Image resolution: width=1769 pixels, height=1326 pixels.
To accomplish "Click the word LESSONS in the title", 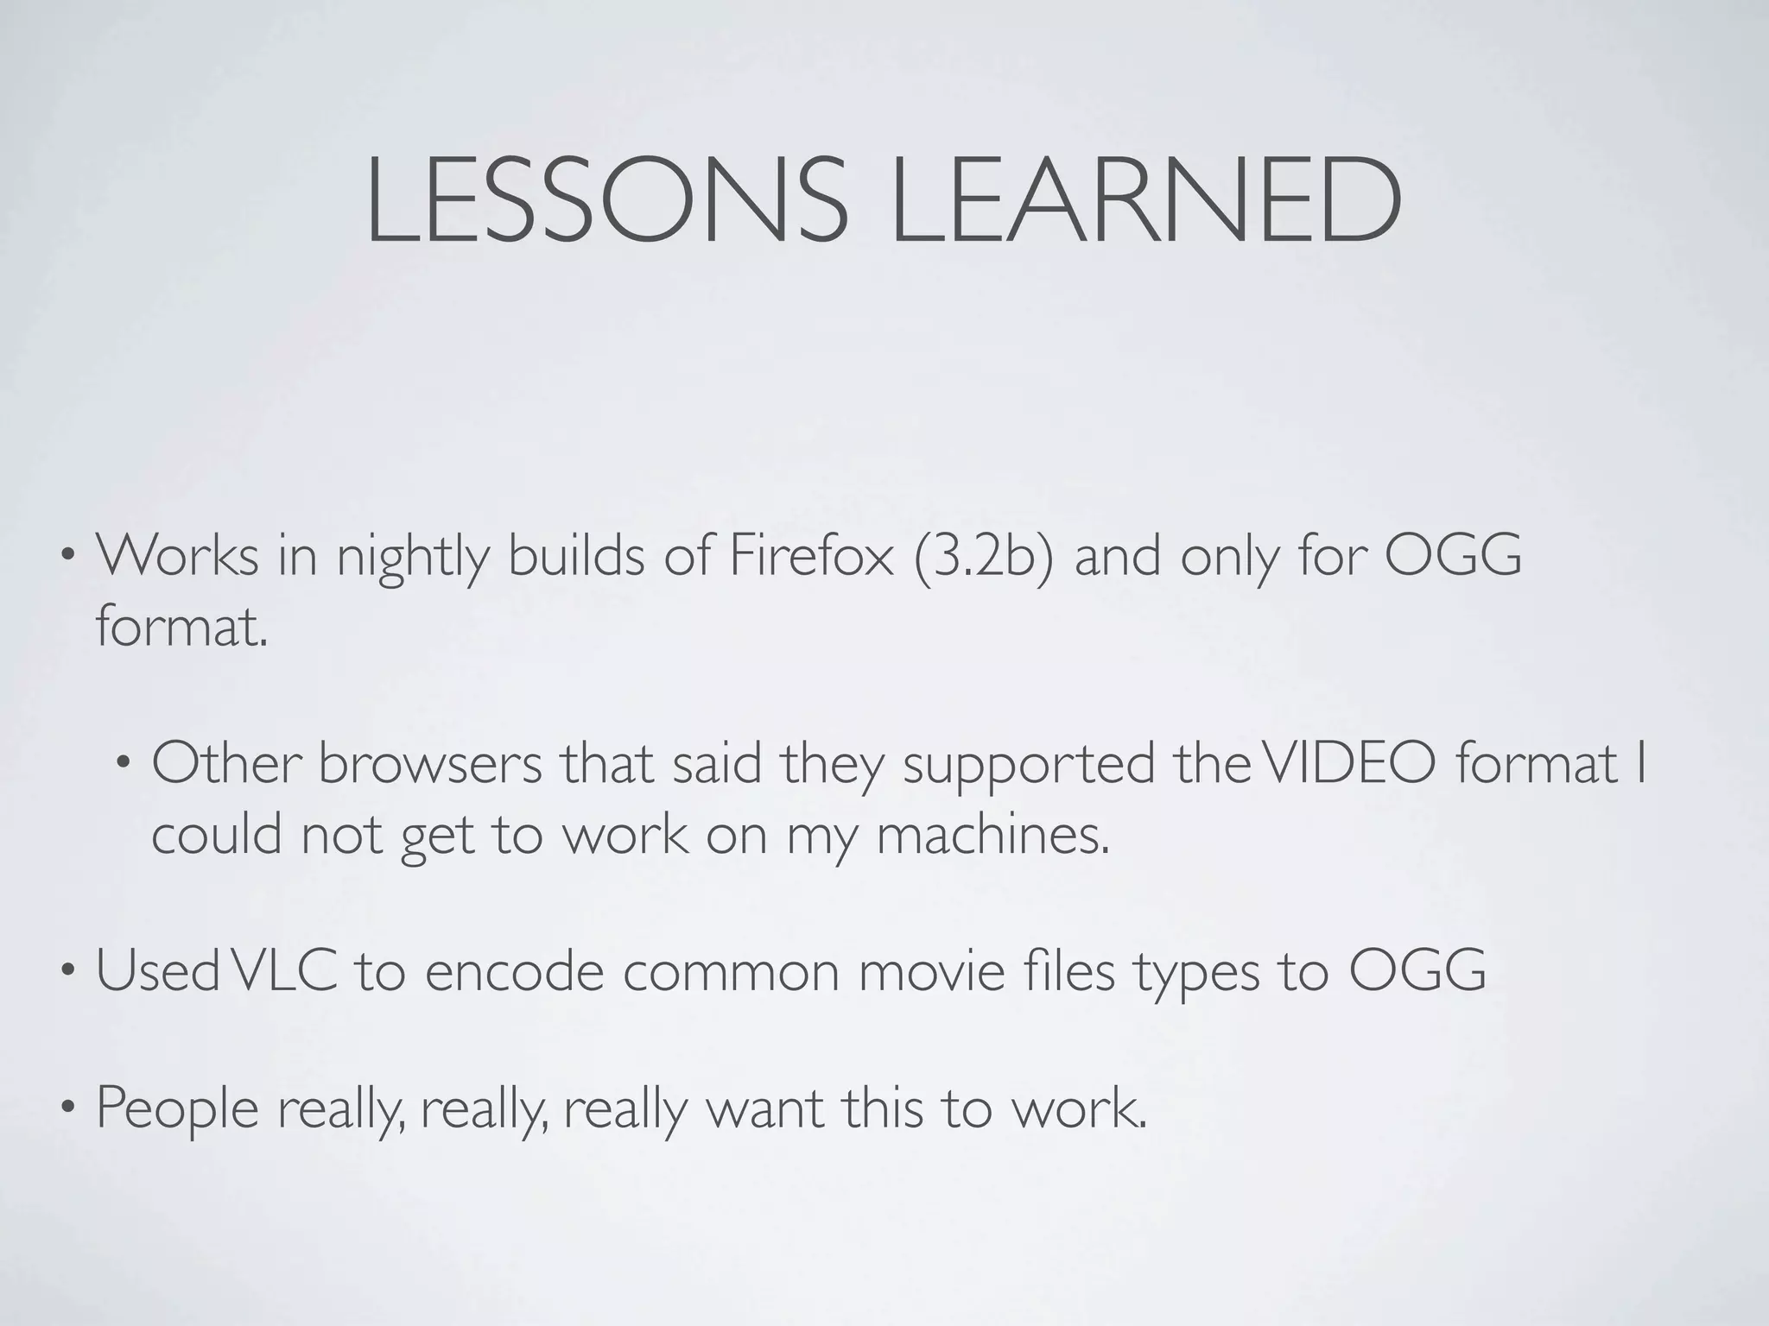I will click(x=606, y=200).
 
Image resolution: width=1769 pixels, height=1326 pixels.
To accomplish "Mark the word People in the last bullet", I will click(x=177, y=1108).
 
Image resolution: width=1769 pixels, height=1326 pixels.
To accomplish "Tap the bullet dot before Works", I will click(x=67, y=557).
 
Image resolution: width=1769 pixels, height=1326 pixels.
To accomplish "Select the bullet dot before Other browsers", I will click(x=124, y=764).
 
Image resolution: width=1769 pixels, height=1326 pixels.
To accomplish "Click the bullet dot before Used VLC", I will click(x=67, y=971).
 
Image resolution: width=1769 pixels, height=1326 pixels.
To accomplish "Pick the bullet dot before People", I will click(x=67, y=1108).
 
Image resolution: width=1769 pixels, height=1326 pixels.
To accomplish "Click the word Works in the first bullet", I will click(x=177, y=556).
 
